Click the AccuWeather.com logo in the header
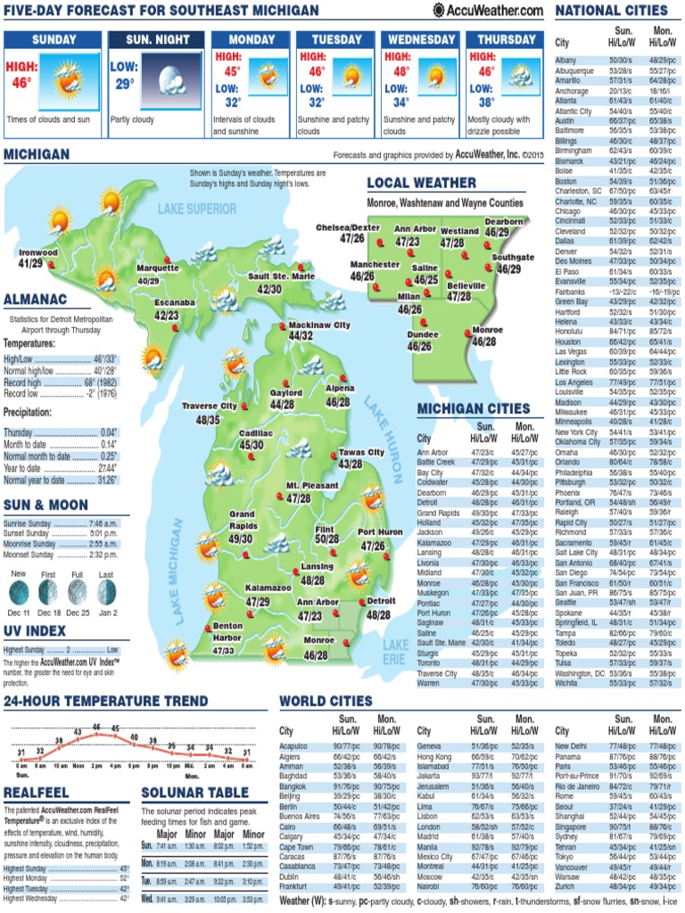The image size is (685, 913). pyautogui.click(x=488, y=10)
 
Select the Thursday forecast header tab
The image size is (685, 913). pyautogui.click(x=506, y=39)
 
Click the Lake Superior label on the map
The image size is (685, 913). pyautogui.click(x=197, y=209)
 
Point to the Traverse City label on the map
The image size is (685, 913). pyautogui.click(x=210, y=407)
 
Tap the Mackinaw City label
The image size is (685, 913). pyautogui.click(x=319, y=325)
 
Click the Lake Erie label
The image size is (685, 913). pyautogui.click(x=396, y=652)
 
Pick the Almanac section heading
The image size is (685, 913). pyautogui.click(x=35, y=299)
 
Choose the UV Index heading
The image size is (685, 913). pyautogui.click(x=35, y=631)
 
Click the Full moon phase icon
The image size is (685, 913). pyautogui.click(x=78, y=592)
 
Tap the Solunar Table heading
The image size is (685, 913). pyautogui.click(x=194, y=792)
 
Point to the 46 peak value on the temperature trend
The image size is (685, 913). pyautogui.click(x=96, y=727)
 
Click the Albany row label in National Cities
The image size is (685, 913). pyautogui.click(x=565, y=60)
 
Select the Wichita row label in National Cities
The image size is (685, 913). pyautogui.click(x=566, y=683)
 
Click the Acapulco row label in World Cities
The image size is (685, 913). pyautogui.click(x=294, y=745)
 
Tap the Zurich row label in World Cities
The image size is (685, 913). pyautogui.click(x=565, y=887)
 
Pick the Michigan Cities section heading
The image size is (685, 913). pyautogui.click(x=474, y=408)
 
